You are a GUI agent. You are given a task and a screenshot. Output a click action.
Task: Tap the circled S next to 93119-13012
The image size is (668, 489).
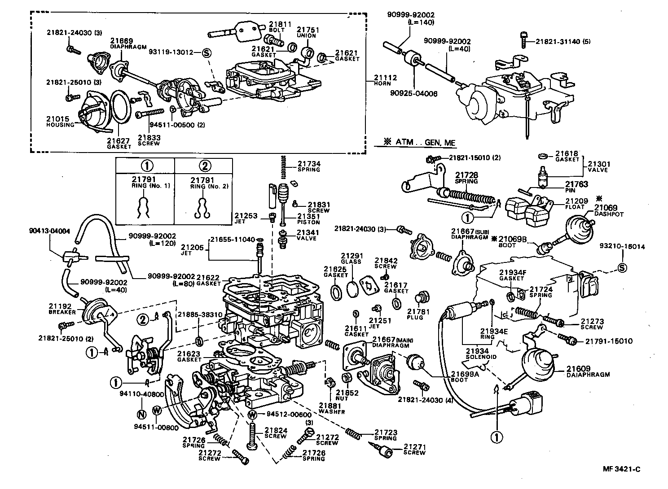(207, 52)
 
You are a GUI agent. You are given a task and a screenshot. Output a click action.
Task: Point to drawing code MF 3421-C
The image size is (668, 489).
(621, 469)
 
